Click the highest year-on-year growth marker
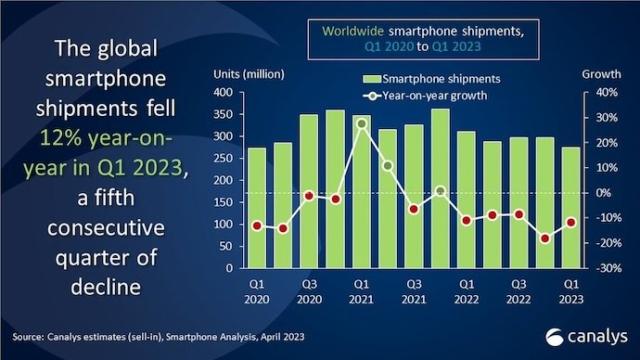361,123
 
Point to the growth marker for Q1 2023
569,223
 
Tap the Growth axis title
599,75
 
